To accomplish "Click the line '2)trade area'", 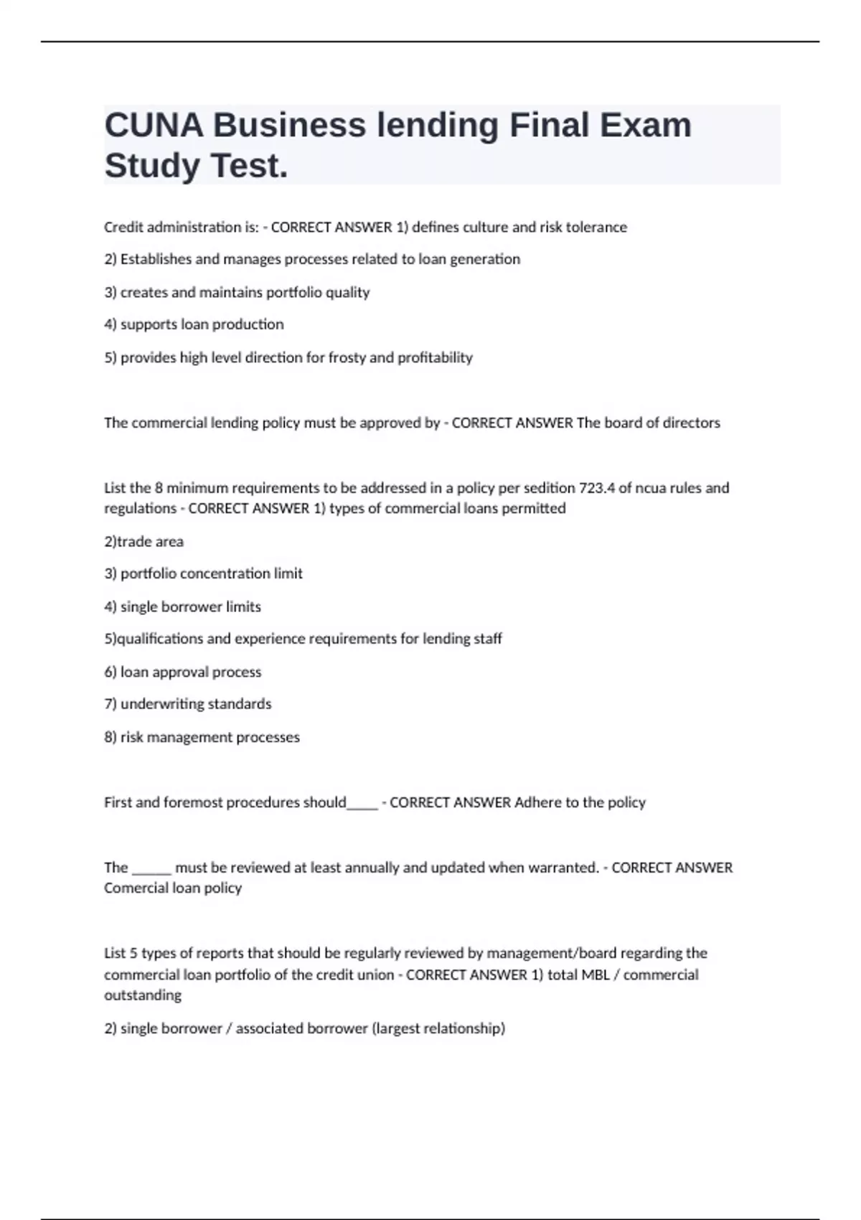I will (143, 542).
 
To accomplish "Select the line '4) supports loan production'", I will (194, 324).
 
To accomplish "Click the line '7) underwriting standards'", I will (188, 704).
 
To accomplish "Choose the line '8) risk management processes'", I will (202, 737).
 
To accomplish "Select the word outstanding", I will (143, 995).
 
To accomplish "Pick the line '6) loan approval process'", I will (183, 672).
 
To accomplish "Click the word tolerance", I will (596, 227).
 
